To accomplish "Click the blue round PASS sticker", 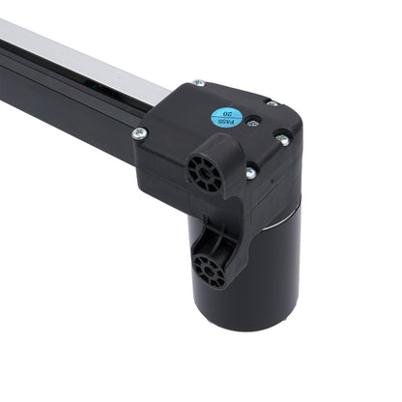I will click(226, 117).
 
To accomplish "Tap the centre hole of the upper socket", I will click(203, 168).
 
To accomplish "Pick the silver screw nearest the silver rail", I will click(198, 84).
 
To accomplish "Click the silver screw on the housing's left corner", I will click(139, 132).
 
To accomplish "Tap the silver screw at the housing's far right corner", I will click(282, 138).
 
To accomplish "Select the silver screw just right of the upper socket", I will click(250, 172).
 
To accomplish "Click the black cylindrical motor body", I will click(266, 261).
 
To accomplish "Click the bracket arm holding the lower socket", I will click(220, 237).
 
